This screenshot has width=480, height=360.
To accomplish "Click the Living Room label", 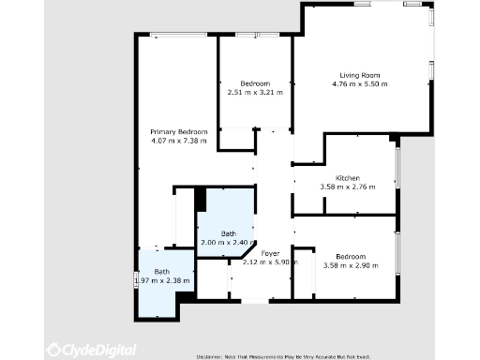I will pos(359,75).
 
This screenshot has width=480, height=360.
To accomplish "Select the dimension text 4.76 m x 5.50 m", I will pos(359,84).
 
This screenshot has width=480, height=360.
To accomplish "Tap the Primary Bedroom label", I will pos(178,131).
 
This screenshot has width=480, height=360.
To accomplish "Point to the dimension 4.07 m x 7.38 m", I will pos(178,141).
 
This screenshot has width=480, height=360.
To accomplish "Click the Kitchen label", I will pos(348,177).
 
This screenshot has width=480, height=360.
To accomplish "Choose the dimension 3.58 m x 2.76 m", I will pos(348,187).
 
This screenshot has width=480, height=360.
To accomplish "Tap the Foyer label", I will pos(270,253).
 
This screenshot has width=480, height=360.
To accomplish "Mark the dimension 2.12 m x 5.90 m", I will pos(270,262).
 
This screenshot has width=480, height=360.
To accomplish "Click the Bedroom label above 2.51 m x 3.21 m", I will pos(255,83).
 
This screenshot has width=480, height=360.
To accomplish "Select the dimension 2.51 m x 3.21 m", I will pos(255,93).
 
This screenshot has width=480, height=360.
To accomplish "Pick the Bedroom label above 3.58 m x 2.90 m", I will pos(351,256).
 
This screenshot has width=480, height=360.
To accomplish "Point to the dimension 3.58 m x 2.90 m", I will pos(351,265).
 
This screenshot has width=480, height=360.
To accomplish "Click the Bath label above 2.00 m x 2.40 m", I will pos(228,233).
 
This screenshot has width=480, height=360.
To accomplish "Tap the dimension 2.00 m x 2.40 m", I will pos(228,243).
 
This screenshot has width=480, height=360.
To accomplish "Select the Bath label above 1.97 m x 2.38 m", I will pos(162,271).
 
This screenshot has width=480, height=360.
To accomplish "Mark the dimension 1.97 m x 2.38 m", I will pos(162,280).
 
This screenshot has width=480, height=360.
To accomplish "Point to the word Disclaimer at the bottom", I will pos(212,356).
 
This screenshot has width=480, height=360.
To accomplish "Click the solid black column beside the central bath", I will pos(200,199).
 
